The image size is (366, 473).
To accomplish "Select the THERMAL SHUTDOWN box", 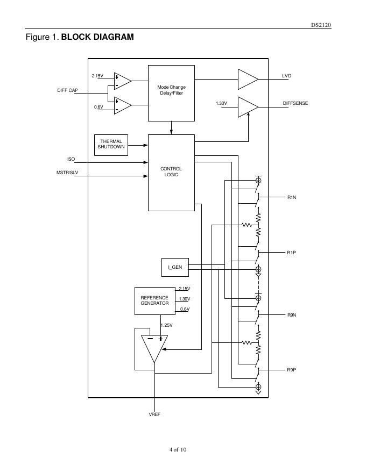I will pos(111,144).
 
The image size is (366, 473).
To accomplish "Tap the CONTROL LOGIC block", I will pos(171,172).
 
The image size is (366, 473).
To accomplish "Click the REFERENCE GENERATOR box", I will pos(154,300).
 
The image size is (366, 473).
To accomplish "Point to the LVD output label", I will pos(286,76).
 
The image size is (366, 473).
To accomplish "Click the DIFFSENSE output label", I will pos(295,103).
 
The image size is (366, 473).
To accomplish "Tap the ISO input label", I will pos(71,160).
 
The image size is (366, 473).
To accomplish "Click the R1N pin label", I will pos(292,198).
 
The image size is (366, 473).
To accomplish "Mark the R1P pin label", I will pos(292,252).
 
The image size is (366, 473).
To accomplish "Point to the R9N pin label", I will pos(292,314).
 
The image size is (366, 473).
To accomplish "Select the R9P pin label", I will pos(292,370).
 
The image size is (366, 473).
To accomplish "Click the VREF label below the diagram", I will pos(154,415).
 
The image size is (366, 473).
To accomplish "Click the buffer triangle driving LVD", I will pos(247,79).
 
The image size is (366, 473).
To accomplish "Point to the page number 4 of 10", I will pos(177,449).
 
